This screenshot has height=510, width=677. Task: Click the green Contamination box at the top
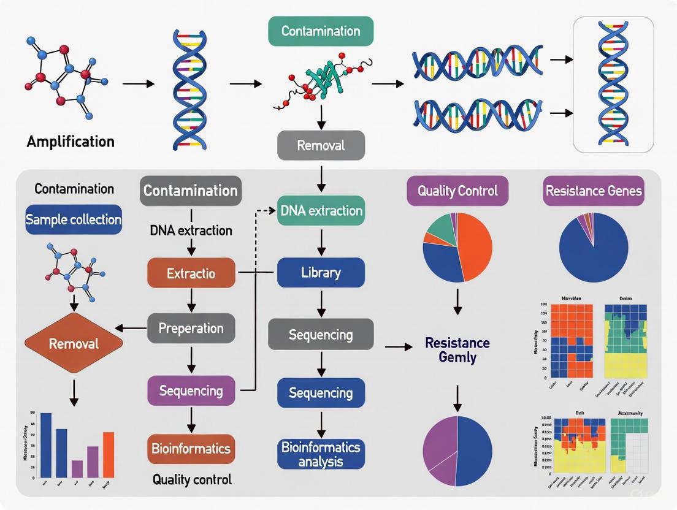click(x=320, y=31)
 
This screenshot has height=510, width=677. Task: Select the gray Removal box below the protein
click(x=321, y=145)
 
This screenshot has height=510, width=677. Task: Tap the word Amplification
click(x=71, y=142)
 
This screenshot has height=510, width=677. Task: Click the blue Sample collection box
click(x=74, y=219)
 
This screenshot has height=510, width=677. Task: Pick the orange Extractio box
click(x=191, y=273)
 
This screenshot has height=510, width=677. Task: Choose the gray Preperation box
click(x=191, y=328)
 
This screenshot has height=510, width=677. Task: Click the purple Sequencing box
click(x=191, y=390)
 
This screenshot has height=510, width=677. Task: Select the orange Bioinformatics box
click(x=191, y=448)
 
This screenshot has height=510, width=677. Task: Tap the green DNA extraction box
click(x=321, y=211)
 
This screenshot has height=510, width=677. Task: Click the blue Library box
click(x=321, y=273)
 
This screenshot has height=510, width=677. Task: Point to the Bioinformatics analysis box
click(x=321, y=454)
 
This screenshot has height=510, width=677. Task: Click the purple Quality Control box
click(x=457, y=191)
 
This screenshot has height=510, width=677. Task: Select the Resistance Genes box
click(x=594, y=191)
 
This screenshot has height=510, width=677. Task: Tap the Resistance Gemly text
click(x=457, y=349)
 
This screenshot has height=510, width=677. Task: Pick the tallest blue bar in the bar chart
click(x=46, y=445)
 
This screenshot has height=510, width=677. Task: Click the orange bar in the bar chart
click(x=109, y=455)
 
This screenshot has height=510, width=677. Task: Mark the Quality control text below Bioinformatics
click(x=192, y=479)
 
